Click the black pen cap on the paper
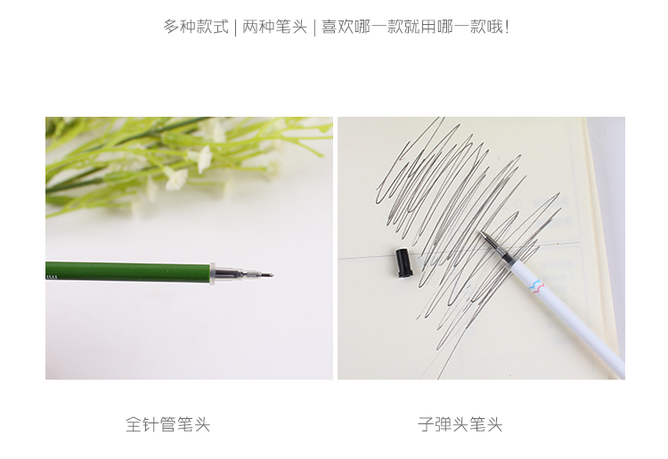pyautogui.click(x=403, y=263)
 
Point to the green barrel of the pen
pyautogui.click(x=127, y=272)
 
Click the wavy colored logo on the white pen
pyautogui.click(x=536, y=285)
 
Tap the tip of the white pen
pyautogui.click(x=482, y=234)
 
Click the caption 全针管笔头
pyautogui.click(x=167, y=424)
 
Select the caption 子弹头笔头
pyautogui.click(x=460, y=424)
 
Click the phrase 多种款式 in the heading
pyautogui.click(x=196, y=27)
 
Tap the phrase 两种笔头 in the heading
pyautogui.click(x=275, y=27)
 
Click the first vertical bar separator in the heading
pyautogui.click(x=236, y=28)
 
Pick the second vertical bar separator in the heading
pyautogui.click(x=314, y=28)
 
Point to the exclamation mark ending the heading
pyautogui.click(x=506, y=27)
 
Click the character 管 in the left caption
pyautogui.click(x=167, y=424)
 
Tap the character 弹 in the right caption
pyautogui.click(x=443, y=424)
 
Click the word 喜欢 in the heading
pyautogui.click(x=338, y=27)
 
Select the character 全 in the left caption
pyautogui.click(x=134, y=424)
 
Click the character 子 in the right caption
pyautogui.click(x=426, y=424)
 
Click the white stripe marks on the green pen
pyautogui.click(x=51, y=277)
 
